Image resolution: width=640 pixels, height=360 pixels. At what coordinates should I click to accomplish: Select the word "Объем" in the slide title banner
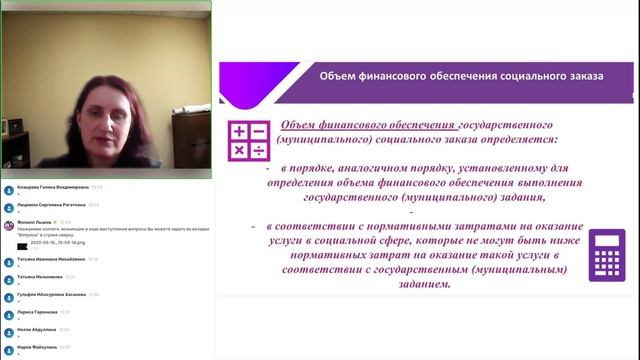337,76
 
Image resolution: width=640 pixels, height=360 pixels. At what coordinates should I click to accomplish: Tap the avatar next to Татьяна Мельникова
7,278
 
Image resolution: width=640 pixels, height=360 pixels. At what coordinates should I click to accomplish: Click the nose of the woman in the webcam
102,127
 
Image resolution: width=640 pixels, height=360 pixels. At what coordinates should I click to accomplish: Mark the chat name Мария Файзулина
36,346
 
